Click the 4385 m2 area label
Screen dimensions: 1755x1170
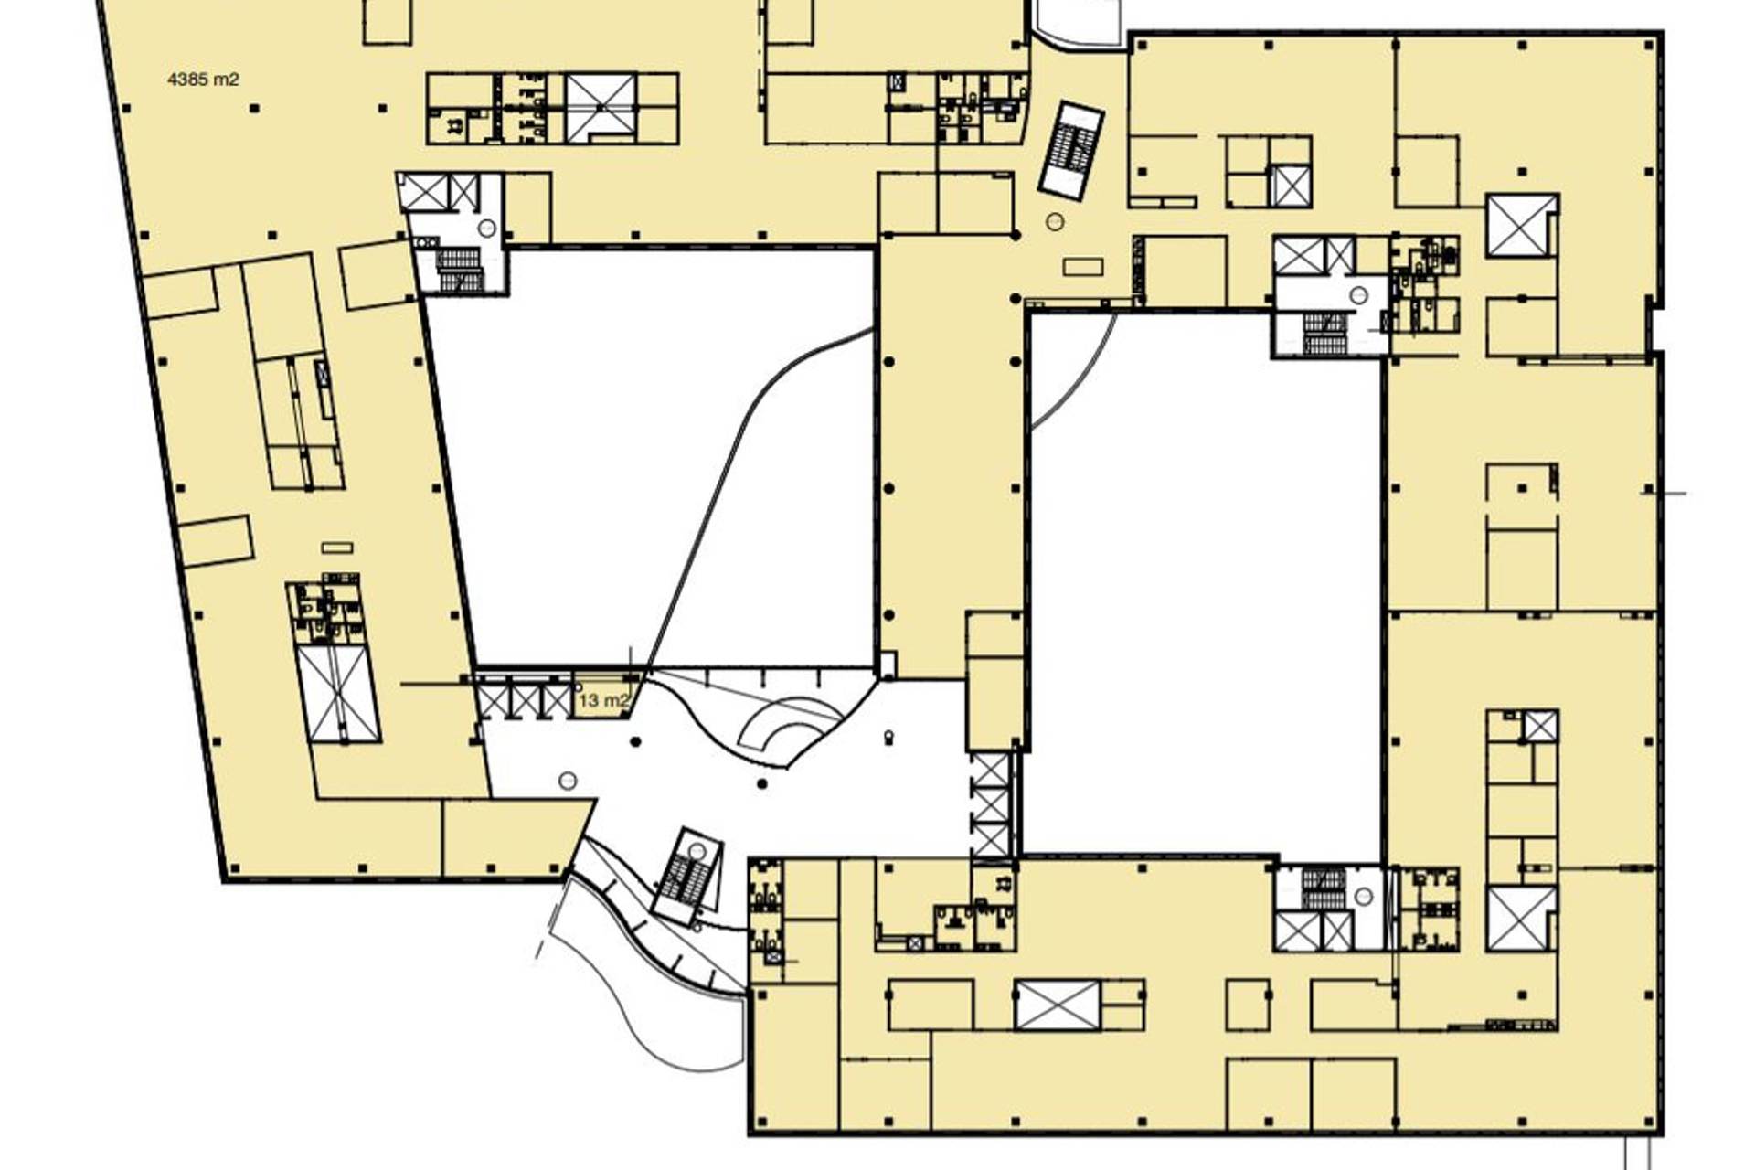[203, 80]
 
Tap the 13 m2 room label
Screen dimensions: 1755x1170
[604, 701]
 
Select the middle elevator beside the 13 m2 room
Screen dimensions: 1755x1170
[525, 700]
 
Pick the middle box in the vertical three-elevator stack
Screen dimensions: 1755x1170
[991, 804]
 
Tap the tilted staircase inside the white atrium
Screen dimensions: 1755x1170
[687, 876]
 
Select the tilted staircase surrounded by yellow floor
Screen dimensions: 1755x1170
[1071, 151]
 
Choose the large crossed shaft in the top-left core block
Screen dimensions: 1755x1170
[601, 109]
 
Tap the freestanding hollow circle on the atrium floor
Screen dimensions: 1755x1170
[568, 780]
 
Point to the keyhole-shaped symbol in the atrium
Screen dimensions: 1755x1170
[888, 737]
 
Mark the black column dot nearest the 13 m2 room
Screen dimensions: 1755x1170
[636, 741]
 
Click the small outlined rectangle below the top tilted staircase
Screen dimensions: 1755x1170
[1083, 267]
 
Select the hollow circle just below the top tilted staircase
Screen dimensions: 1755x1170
[1056, 220]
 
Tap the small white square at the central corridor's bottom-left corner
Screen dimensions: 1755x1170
[887, 665]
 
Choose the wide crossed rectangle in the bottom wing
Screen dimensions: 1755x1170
[1058, 1005]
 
